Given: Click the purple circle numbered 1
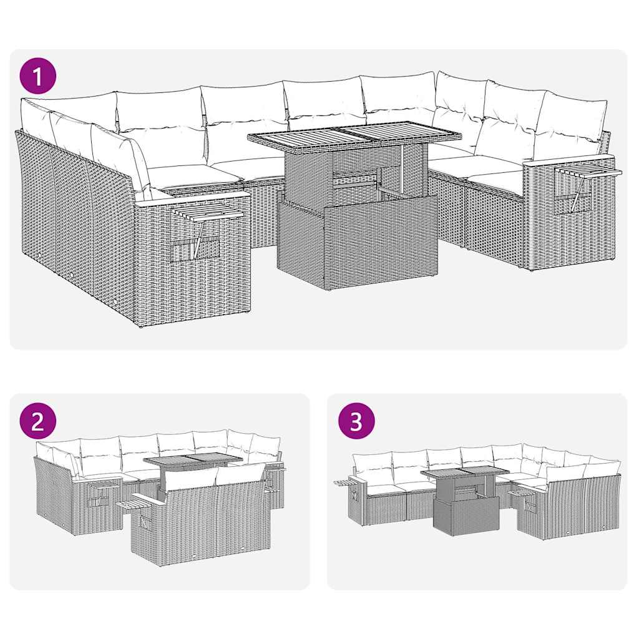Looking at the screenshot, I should [38, 77].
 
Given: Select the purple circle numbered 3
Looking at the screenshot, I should [356, 421].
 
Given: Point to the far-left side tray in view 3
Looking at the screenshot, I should [344, 482].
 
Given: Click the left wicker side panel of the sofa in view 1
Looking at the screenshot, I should [75, 212].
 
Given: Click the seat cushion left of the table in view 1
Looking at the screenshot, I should [193, 174].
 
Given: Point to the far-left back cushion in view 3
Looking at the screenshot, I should [373, 466].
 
